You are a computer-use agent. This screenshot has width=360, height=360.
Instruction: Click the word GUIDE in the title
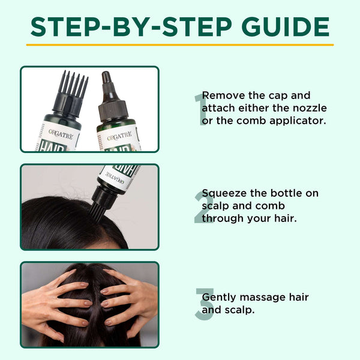tap(286, 26)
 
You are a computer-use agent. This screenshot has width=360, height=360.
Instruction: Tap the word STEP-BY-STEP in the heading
tap(131, 26)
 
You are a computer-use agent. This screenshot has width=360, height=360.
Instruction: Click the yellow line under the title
tap(180, 45)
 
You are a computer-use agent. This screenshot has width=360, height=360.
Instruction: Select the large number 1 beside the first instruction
tap(200, 109)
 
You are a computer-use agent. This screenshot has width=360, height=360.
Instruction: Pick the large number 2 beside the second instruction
tap(203, 207)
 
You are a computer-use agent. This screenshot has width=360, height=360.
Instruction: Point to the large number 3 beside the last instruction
tap(204, 304)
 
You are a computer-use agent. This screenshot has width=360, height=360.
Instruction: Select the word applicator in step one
tap(298, 121)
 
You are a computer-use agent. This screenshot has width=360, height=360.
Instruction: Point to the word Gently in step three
tap(219, 298)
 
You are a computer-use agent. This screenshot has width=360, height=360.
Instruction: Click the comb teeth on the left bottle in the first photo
tap(73, 82)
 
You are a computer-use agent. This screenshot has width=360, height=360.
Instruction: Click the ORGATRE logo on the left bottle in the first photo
tap(61, 134)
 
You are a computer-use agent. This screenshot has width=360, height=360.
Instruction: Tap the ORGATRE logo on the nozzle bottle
tap(119, 136)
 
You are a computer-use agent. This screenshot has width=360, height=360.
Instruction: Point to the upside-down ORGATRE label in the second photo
tap(115, 177)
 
